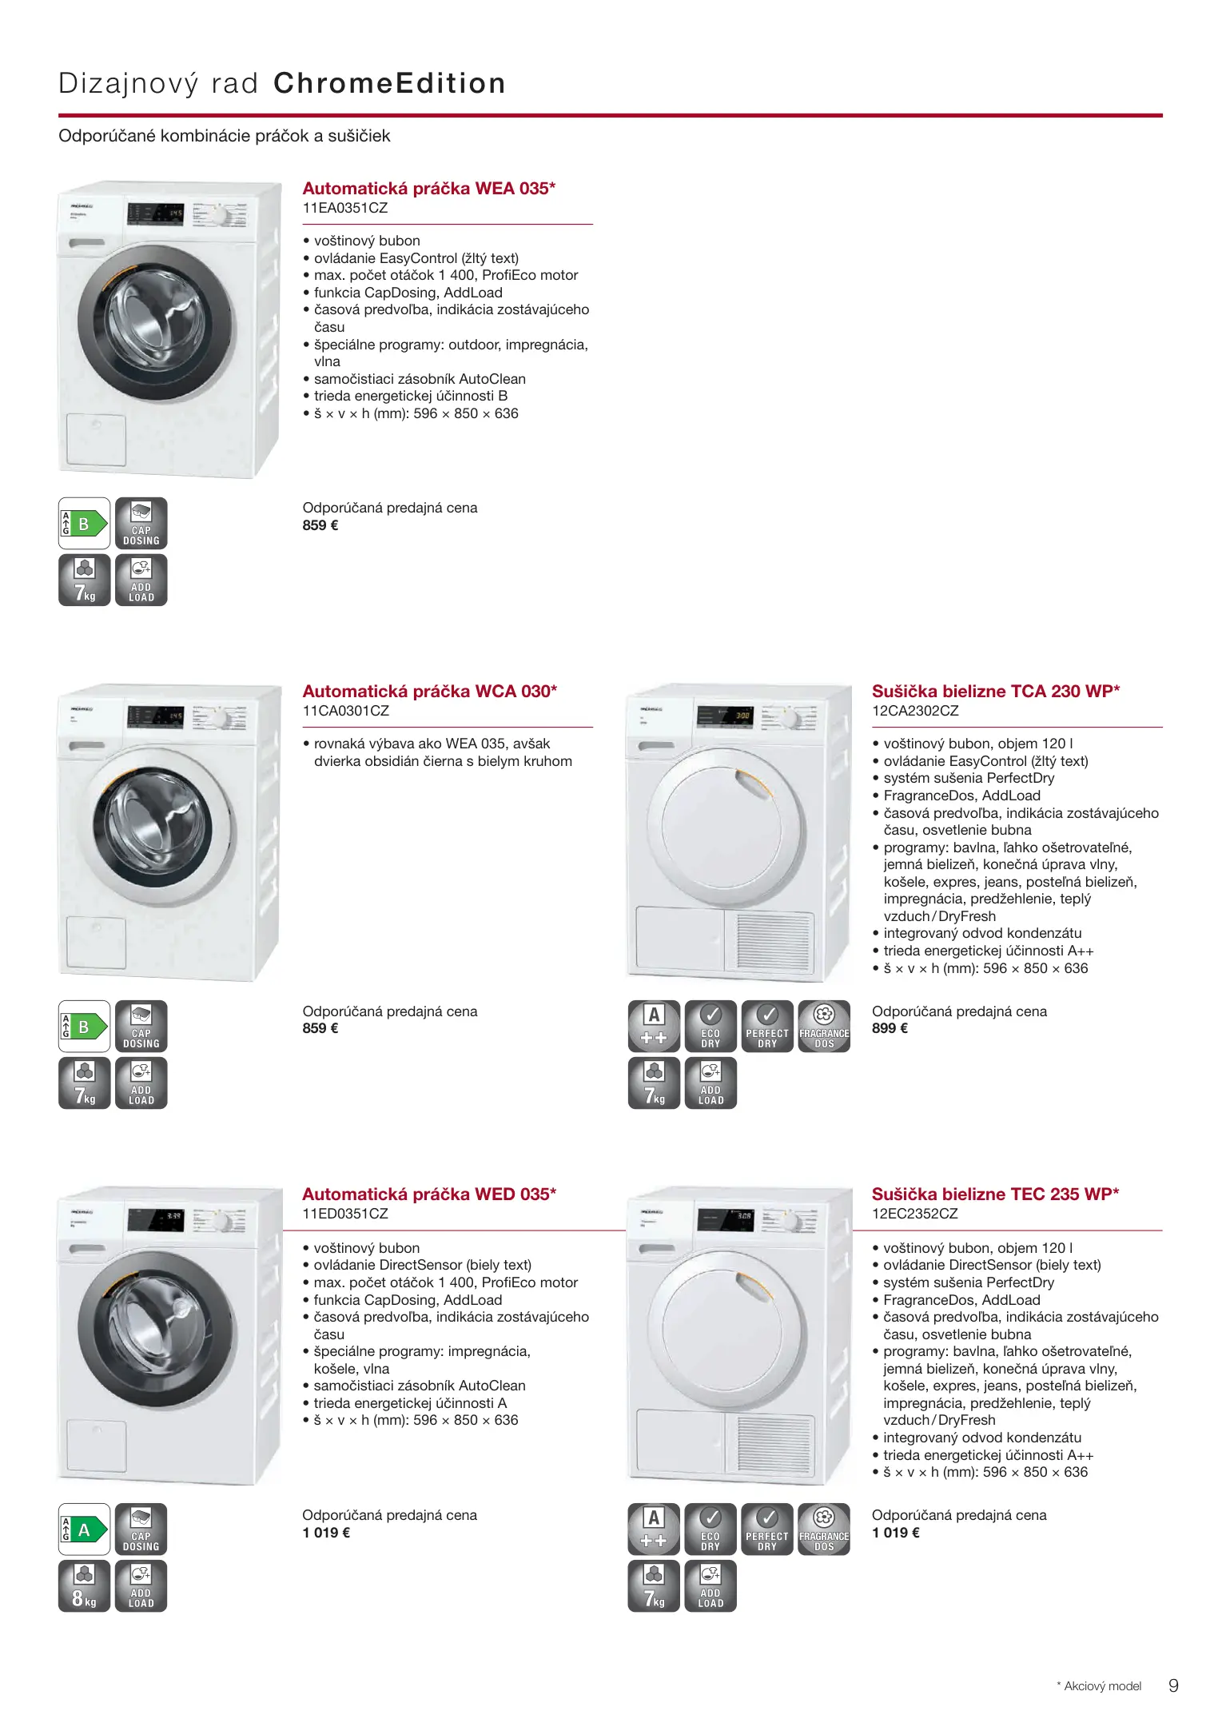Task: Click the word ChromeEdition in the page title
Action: click(389, 83)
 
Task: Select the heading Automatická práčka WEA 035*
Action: click(428, 189)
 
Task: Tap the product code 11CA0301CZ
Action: click(345, 711)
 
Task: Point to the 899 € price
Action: click(890, 1028)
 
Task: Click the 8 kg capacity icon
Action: click(84, 1586)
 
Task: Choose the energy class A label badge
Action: click(84, 1530)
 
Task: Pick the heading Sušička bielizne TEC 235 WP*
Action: click(995, 1195)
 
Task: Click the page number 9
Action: click(1173, 1686)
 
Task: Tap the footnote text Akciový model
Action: click(1103, 1686)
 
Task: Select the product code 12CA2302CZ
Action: click(915, 711)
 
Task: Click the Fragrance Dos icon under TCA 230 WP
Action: click(824, 1027)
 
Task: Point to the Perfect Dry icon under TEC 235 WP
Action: click(767, 1530)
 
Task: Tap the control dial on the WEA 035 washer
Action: click(217, 216)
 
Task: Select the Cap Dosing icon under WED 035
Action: click(141, 1530)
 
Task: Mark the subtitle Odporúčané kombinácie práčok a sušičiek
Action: click(224, 136)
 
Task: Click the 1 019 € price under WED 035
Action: click(326, 1533)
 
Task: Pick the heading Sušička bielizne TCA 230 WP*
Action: click(996, 692)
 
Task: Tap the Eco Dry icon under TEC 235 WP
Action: click(711, 1530)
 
